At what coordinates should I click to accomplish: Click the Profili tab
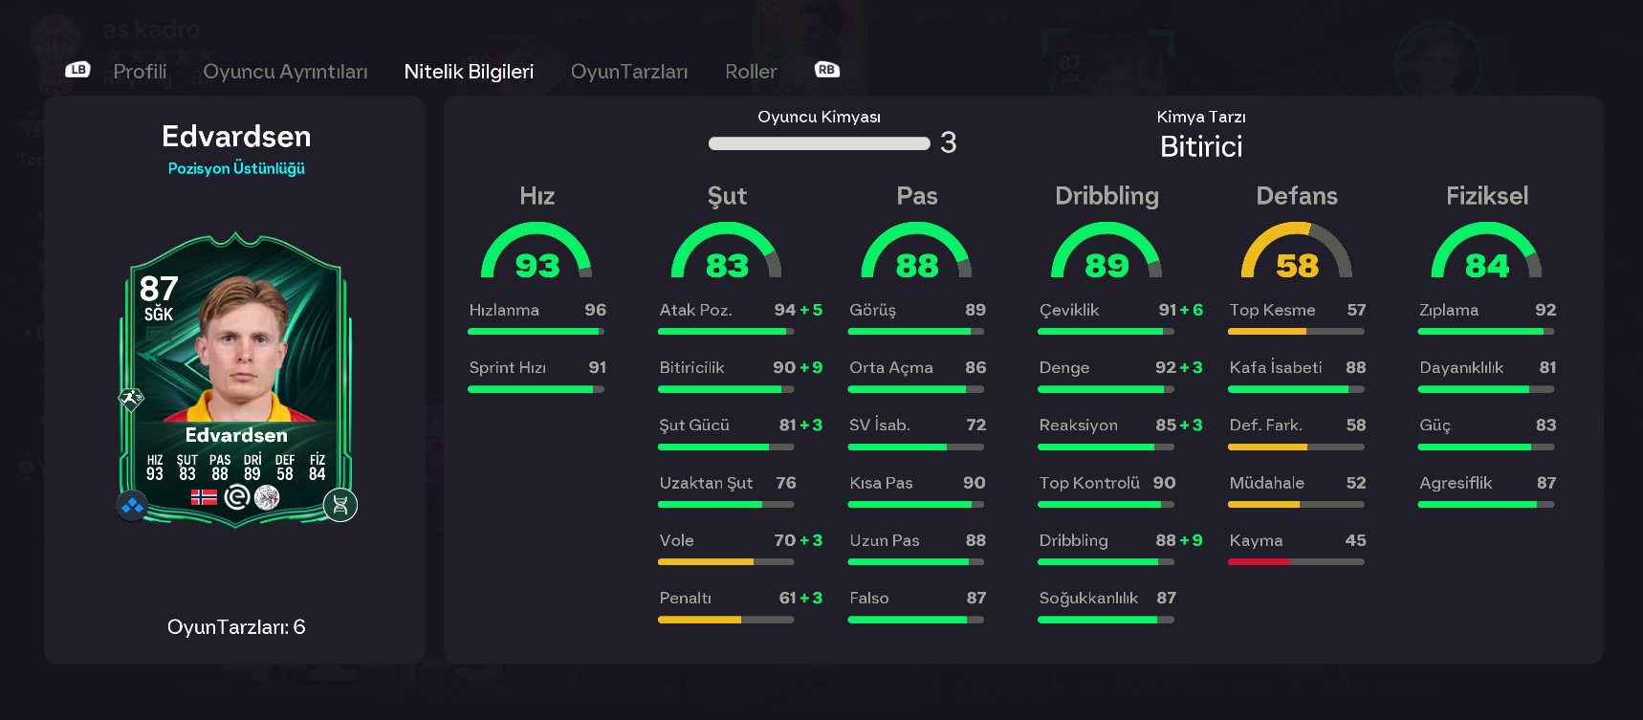click(x=140, y=72)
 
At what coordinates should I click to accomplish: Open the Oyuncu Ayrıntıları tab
click(x=285, y=72)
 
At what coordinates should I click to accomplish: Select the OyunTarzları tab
click(x=628, y=72)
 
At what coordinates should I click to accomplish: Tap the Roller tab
click(x=751, y=72)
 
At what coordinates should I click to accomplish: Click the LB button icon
click(x=77, y=70)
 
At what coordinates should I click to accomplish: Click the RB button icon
click(x=826, y=70)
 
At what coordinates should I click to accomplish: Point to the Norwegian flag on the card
click(x=204, y=497)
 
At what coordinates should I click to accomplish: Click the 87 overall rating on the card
click(x=159, y=289)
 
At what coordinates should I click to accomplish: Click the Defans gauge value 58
click(x=1297, y=265)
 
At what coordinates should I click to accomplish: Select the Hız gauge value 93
click(x=537, y=265)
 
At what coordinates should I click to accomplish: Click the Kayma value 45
click(x=1355, y=540)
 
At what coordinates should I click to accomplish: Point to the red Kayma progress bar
click(x=1259, y=562)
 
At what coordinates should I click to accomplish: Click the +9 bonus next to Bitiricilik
click(x=811, y=368)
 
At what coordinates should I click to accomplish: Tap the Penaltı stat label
click(x=685, y=598)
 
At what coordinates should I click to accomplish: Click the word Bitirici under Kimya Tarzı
click(x=1201, y=146)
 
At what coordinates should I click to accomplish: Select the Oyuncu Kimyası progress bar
click(x=819, y=143)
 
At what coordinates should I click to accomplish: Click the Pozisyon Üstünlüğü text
click(x=236, y=168)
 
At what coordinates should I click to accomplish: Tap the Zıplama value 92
click(x=1544, y=310)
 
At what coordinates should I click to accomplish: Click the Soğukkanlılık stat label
click(x=1088, y=598)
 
